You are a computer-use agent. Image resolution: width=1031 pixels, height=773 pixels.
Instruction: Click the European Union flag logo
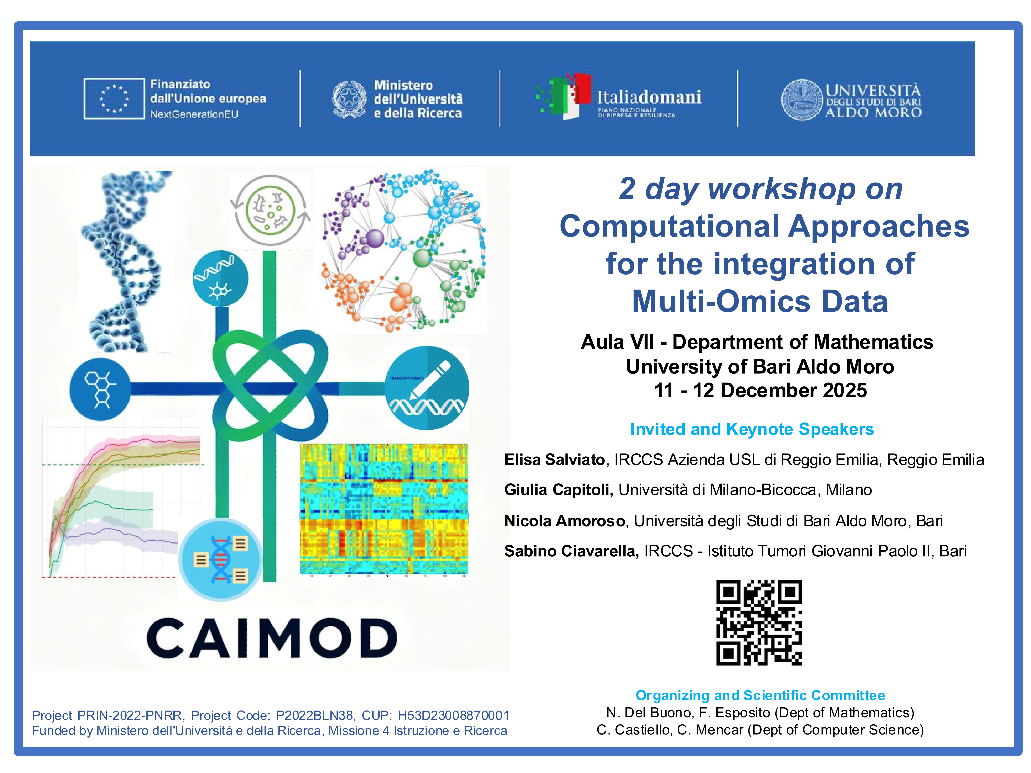tap(114, 99)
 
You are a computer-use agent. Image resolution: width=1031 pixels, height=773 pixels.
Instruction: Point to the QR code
tap(759, 622)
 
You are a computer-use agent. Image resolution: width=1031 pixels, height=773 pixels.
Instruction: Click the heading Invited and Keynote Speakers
tap(752, 429)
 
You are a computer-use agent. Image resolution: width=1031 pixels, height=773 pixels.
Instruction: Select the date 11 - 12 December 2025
tap(760, 390)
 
